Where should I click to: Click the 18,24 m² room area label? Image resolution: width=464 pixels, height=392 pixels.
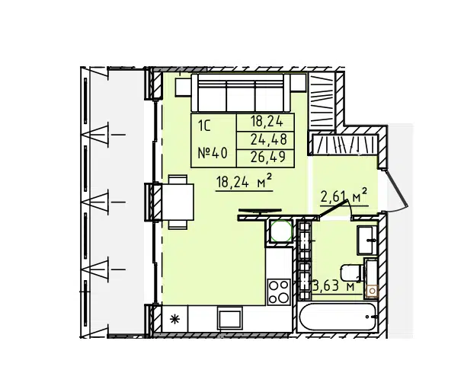tap(244, 181)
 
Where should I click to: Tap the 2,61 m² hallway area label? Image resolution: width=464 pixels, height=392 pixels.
tap(344, 196)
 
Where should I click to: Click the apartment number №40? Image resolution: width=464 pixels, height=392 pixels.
tap(213, 153)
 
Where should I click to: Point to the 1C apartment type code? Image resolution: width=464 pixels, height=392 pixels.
tap(204, 126)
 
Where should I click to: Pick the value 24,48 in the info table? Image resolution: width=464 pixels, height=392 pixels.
tap(269, 139)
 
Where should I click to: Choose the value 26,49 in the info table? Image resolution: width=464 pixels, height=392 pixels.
tap(268, 157)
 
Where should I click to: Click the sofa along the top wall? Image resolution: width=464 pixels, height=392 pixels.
tap(241, 93)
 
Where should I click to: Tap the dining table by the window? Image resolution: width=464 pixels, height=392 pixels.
tap(178, 202)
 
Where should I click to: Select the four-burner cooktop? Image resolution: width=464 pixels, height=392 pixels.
tap(278, 292)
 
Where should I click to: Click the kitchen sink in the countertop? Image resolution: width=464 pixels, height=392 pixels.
tap(229, 318)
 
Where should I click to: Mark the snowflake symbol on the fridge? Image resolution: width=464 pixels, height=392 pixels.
tap(175, 319)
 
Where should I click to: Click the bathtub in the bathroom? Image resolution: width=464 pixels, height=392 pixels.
tap(338, 317)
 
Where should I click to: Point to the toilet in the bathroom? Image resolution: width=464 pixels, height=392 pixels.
tap(351, 273)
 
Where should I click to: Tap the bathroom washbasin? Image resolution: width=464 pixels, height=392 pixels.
tap(366, 240)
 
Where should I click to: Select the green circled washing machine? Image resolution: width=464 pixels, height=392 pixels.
tap(281, 231)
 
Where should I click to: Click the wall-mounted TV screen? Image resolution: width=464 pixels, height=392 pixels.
tap(260, 211)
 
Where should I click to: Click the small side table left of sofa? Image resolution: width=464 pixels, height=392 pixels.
tap(183, 87)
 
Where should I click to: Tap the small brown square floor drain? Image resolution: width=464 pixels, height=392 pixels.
tap(373, 292)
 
